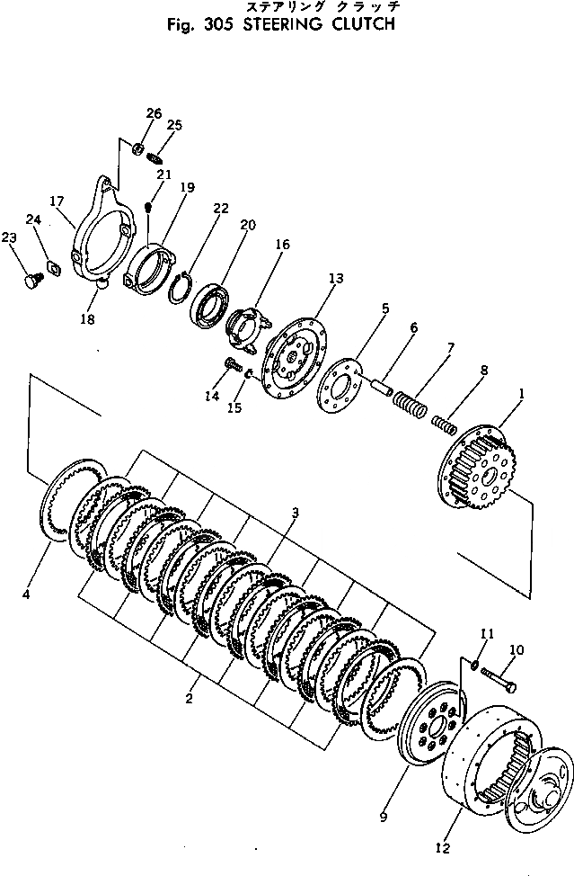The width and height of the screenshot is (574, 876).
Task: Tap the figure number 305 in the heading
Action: point(214,25)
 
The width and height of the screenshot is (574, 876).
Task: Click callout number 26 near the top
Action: point(154,113)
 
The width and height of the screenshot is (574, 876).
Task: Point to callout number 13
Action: point(335,280)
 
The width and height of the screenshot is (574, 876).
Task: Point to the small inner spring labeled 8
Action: point(443,421)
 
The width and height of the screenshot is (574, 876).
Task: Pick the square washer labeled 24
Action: point(51,267)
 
